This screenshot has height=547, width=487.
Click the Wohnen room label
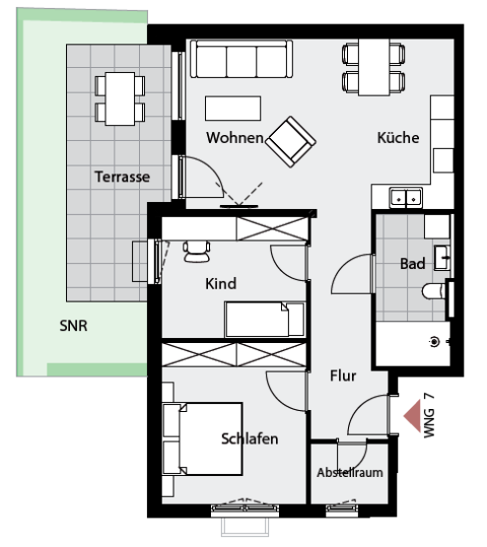point(235,138)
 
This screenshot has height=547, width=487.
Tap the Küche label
point(398,137)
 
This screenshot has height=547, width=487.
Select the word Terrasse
point(122,176)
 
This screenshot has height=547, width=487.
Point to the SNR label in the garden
point(73,326)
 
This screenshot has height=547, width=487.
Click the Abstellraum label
point(350,473)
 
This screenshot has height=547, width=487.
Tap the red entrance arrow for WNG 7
point(412,416)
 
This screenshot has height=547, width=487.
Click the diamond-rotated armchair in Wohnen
point(291,142)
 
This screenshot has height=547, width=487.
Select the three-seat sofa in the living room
point(242,58)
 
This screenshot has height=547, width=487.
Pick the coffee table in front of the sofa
point(233,108)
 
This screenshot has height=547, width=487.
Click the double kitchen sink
point(406,198)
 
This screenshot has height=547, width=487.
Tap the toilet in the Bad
point(434,291)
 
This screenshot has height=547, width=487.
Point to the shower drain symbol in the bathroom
point(435,342)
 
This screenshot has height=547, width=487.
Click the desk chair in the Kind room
point(196,251)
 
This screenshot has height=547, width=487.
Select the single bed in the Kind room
point(265,319)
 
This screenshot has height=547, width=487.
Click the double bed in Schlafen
point(202,439)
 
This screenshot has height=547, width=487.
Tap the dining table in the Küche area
point(374,67)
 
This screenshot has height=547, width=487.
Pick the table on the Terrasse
point(120,99)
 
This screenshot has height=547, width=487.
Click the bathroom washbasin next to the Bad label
point(442,258)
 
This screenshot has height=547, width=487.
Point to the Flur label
point(343,376)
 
